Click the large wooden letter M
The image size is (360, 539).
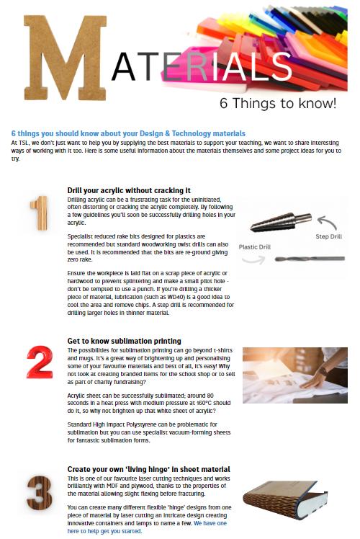(65, 58)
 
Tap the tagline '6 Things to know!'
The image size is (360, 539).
(278, 103)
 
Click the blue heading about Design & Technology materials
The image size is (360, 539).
(128, 133)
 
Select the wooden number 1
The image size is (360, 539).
(39, 213)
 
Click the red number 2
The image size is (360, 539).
(40, 362)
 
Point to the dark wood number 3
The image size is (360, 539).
(40, 493)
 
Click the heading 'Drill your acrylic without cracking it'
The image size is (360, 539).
(129, 190)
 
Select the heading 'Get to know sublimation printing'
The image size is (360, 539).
(124, 341)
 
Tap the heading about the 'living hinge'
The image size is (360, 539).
(149, 469)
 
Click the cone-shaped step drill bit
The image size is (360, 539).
(281, 221)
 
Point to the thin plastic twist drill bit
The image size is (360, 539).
(310, 259)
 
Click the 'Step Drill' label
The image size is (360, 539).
(329, 236)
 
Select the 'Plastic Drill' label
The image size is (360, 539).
(255, 247)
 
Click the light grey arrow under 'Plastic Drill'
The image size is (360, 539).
(253, 259)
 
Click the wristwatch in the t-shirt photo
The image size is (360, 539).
(323, 371)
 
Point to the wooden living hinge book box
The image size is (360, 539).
(285, 499)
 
